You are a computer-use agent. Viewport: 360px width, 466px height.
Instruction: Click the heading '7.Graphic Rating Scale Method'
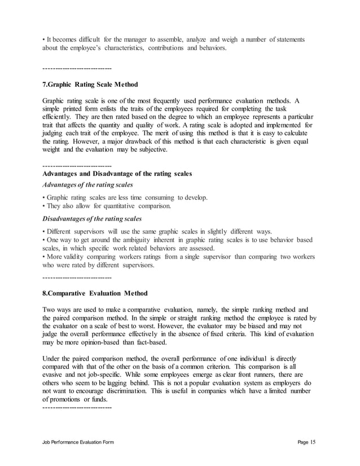[x=90, y=85]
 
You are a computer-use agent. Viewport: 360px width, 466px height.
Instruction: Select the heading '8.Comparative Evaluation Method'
[x=95, y=293]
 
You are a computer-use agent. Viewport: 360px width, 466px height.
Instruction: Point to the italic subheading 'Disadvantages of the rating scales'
[x=92, y=218]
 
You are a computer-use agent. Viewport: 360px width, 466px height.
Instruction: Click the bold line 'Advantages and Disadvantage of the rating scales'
[x=117, y=173]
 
